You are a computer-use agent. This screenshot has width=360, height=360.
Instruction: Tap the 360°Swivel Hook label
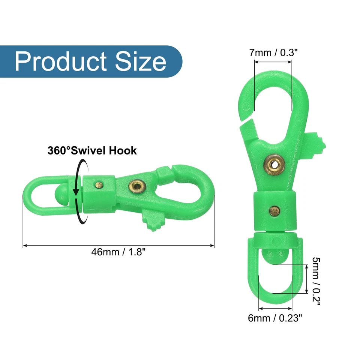(x=92, y=151)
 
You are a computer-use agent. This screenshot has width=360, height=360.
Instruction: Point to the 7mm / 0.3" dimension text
(x=274, y=52)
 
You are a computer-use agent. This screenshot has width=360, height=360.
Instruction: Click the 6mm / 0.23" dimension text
(x=275, y=318)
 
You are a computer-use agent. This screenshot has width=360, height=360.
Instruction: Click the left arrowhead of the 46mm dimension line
(x=25, y=246)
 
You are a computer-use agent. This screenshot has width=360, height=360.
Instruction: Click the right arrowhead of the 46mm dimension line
(x=212, y=246)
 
